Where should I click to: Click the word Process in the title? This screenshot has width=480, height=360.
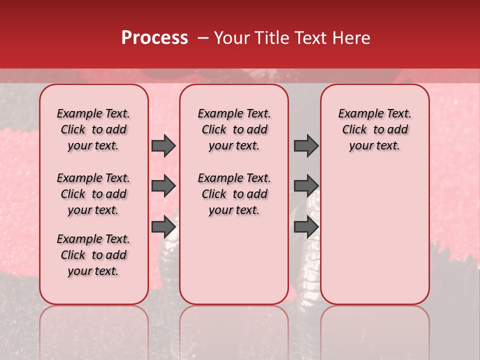154,38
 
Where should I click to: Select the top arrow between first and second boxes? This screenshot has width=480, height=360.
163,146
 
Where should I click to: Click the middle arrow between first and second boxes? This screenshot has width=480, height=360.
163,186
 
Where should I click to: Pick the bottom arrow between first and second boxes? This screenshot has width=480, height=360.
163,227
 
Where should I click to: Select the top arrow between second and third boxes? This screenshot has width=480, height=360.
306,146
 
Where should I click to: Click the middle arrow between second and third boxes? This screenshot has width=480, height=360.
306,186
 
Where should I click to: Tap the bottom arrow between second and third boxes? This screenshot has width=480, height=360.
306,227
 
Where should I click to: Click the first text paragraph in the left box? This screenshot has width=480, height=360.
93,129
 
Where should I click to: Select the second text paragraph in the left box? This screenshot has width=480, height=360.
93,194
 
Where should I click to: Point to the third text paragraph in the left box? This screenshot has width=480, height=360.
93,255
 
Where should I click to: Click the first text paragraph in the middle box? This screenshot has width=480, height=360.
234,129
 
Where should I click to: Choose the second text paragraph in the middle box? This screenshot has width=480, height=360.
234,194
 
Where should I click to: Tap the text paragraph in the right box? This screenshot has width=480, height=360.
374,129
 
